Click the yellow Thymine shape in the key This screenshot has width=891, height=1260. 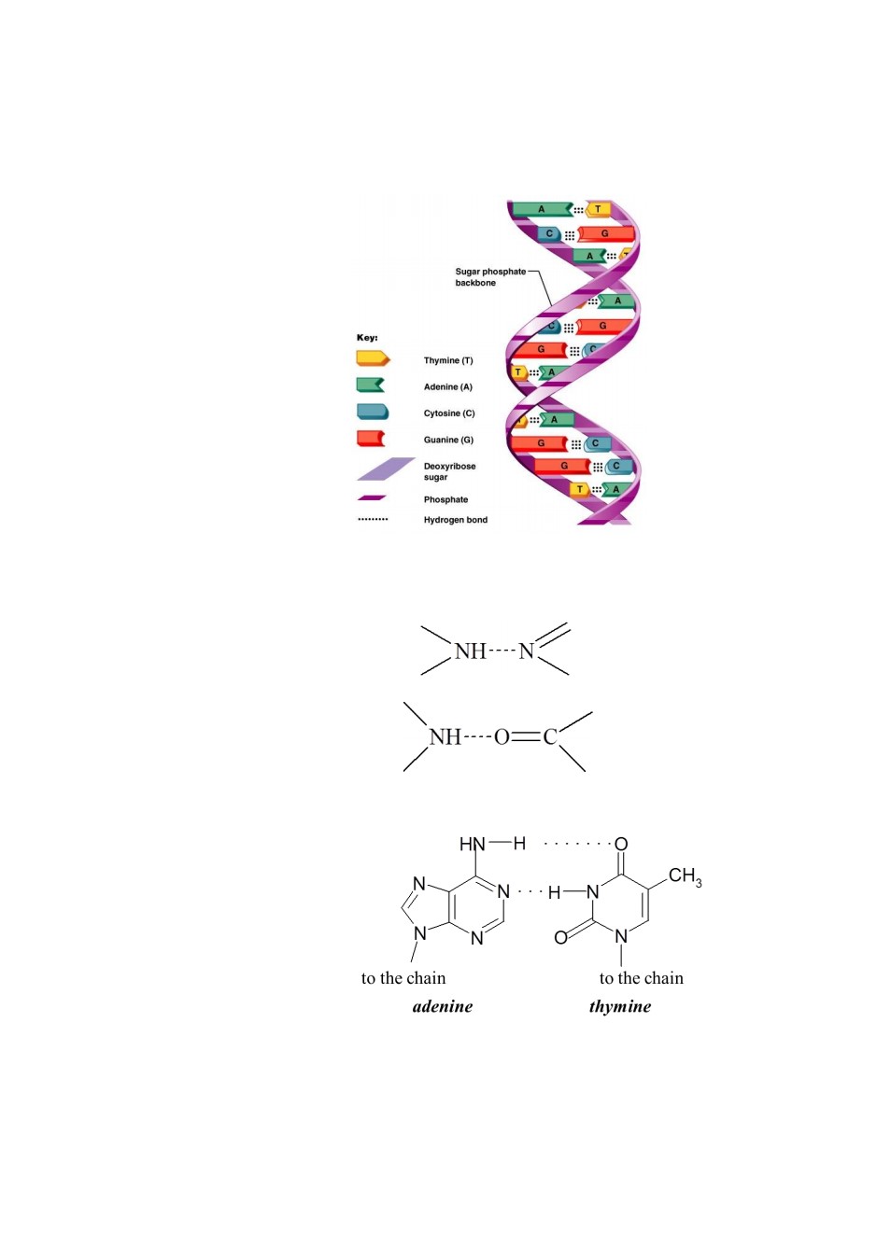click(373, 358)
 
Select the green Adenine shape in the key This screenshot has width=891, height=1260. click(371, 385)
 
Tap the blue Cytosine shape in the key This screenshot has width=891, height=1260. click(373, 412)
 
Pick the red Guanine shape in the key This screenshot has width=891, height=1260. click(371, 438)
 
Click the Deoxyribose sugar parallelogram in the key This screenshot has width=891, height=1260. click(386, 469)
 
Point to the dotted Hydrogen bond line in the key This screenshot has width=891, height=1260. click(373, 519)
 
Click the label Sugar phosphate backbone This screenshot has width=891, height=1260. click(490, 277)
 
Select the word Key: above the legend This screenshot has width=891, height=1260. click(367, 338)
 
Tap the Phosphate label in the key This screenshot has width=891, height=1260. click(445, 499)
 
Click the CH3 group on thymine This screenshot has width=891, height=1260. click(685, 875)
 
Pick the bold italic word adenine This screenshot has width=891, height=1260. click(443, 1006)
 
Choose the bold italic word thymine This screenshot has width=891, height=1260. click(620, 1006)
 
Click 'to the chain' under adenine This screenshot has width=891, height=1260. click(403, 978)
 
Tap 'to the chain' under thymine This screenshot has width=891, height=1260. click(641, 978)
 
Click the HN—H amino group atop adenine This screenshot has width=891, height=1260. click(492, 844)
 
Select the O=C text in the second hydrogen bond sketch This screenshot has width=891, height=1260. click(525, 736)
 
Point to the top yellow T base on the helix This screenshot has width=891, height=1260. click(597, 209)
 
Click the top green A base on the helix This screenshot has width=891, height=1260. click(543, 209)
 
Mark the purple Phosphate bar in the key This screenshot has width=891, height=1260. click(372, 497)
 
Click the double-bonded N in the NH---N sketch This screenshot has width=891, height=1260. click(526, 651)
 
